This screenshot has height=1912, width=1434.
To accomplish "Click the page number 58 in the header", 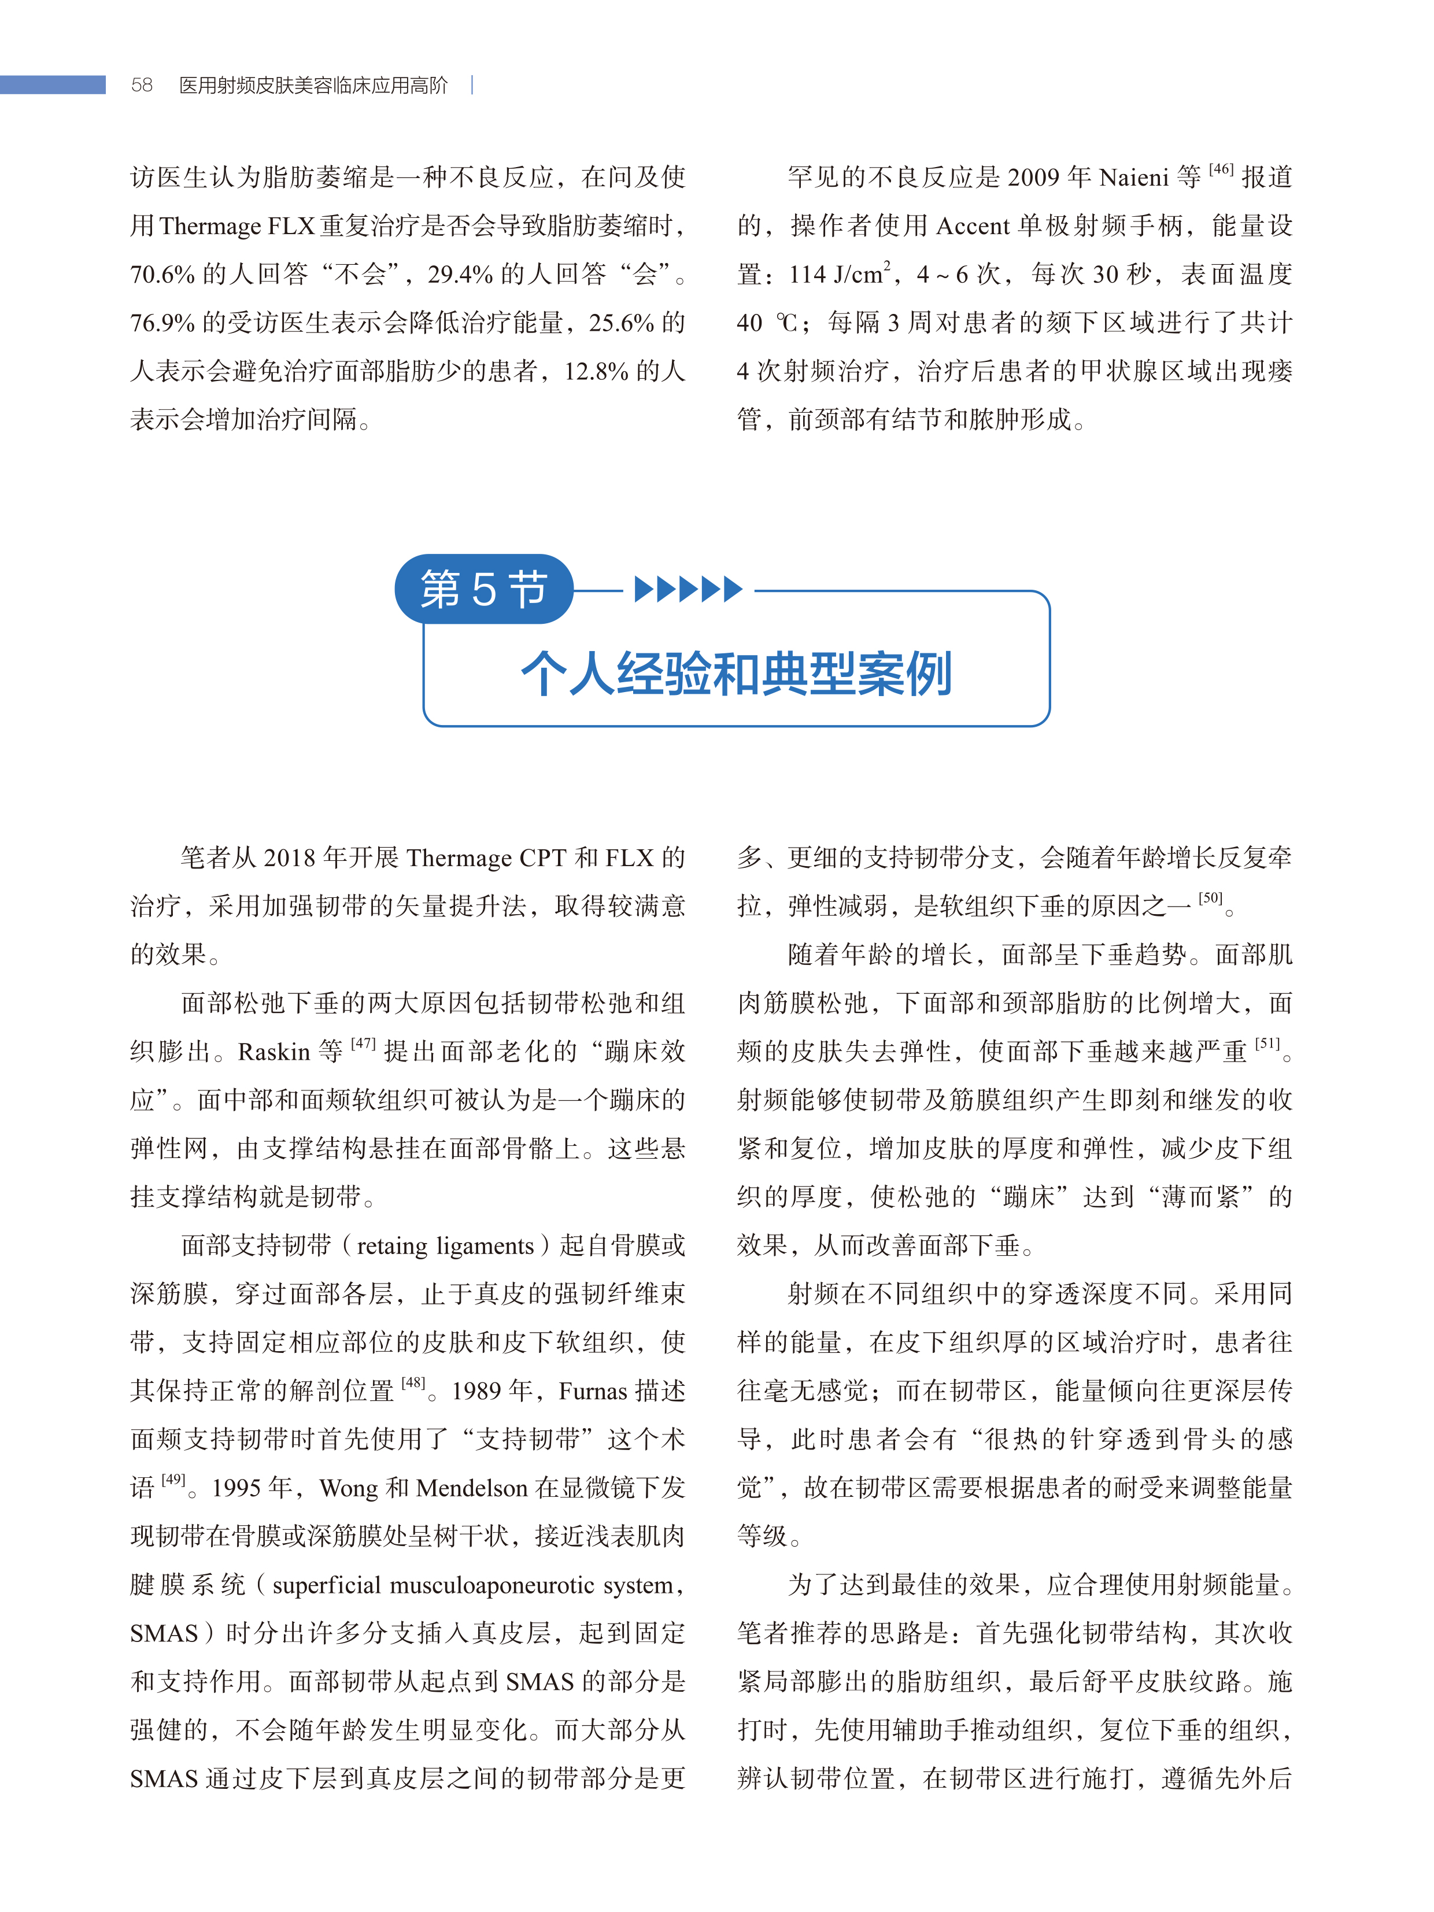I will pos(142,85).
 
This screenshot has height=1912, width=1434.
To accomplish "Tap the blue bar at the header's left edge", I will pos(53,85).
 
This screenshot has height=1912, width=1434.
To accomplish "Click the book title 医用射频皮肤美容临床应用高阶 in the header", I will pos(313,85).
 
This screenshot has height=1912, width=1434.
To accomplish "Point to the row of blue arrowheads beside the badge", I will pos(688,590).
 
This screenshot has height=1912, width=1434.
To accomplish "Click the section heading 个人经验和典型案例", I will pos(737,674).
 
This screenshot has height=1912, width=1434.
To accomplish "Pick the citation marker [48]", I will pos(413,1383).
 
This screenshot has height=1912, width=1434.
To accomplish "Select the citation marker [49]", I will pos(173,1480).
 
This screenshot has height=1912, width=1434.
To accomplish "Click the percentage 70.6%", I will pos(162,275).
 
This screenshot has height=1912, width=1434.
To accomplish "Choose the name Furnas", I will pos(592,1390).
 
